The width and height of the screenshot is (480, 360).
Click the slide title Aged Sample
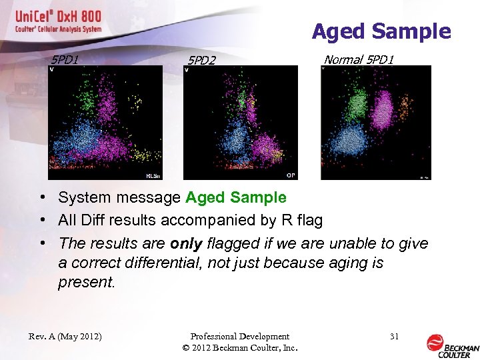[381, 31]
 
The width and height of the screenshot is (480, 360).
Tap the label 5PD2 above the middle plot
[201, 61]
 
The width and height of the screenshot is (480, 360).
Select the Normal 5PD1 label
[359, 60]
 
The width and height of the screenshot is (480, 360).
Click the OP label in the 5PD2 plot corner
[291, 175]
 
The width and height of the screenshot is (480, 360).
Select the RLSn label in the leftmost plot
[153, 176]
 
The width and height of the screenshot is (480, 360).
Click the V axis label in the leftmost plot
[52, 69]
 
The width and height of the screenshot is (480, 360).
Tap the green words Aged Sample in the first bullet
[236, 197]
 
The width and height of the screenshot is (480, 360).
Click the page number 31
[394, 337]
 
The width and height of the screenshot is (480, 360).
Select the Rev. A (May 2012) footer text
[65, 337]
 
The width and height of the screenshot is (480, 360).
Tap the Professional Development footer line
[239, 337]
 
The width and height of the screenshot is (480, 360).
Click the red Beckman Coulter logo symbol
[435, 343]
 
